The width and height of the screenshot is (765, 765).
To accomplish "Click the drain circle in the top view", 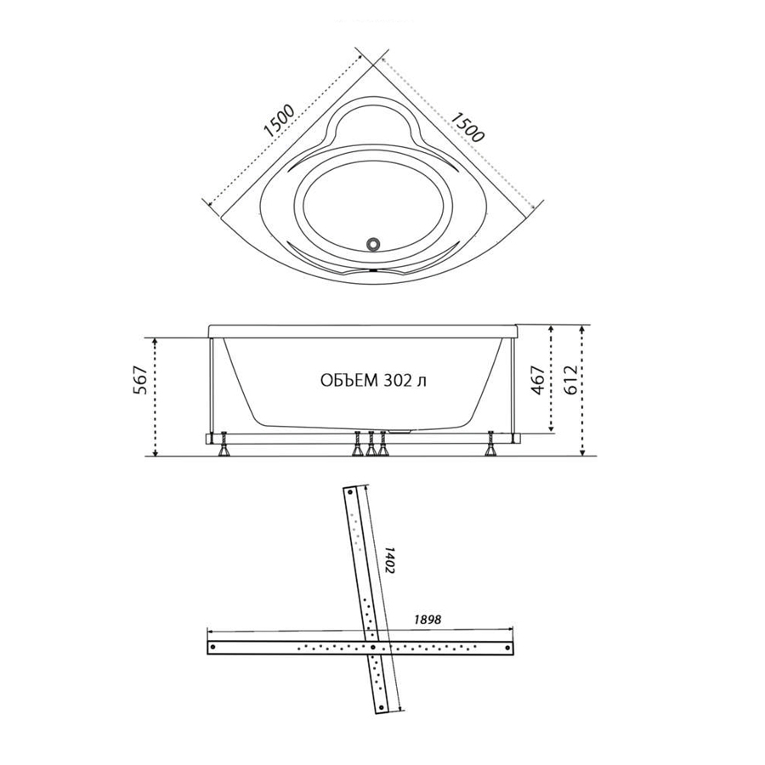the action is pyautogui.click(x=374, y=243).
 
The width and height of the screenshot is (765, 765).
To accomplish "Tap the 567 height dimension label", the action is pyautogui.click(x=140, y=380).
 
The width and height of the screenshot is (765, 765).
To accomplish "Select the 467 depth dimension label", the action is pyautogui.click(x=538, y=380).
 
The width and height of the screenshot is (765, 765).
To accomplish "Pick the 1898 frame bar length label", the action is pyautogui.click(x=428, y=620).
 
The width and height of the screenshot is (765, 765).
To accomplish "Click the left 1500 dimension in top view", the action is pyautogui.click(x=280, y=121).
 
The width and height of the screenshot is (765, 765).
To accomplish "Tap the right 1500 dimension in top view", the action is pyautogui.click(x=467, y=127).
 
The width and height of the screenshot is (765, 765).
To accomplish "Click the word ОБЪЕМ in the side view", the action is pyautogui.click(x=349, y=381).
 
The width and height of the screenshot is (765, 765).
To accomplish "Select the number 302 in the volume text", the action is pyautogui.click(x=396, y=381).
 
